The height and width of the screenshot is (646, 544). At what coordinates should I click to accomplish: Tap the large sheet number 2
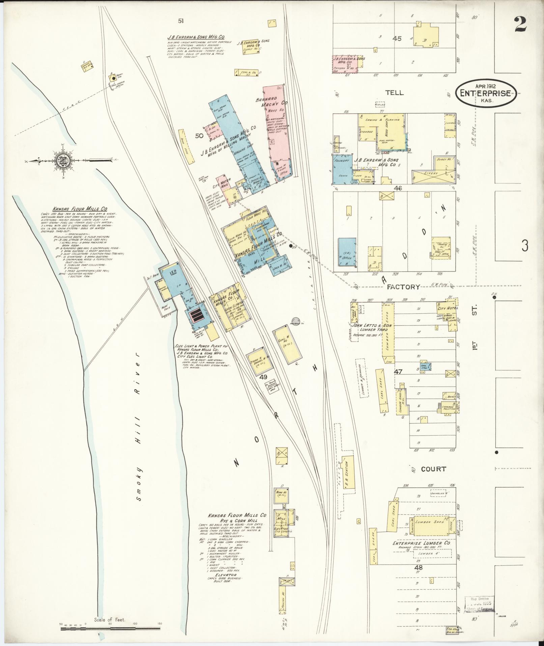coord(520,24)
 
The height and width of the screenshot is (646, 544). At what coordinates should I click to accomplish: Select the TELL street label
coord(394,93)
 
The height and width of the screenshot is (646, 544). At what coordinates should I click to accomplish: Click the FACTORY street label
coord(403,287)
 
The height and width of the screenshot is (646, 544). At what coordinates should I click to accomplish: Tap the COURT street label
coord(433,469)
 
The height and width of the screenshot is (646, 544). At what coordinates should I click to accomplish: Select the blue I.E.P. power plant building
coord(174,280)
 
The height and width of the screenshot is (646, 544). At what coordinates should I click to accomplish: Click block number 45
coord(397,38)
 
